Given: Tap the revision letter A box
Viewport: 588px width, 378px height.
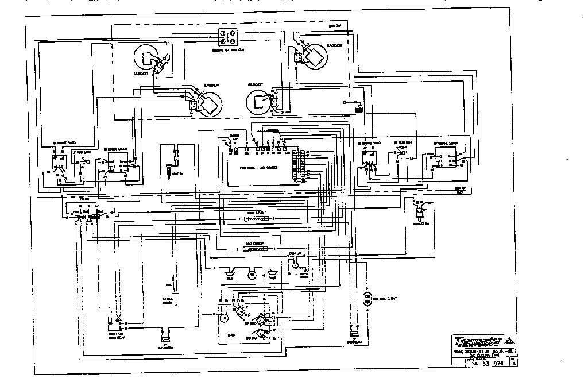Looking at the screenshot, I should (x=514, y=363).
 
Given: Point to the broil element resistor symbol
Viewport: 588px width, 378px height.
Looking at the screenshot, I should (x=256, y=219).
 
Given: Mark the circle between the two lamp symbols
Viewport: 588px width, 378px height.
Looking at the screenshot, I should (x=252, y=275).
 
